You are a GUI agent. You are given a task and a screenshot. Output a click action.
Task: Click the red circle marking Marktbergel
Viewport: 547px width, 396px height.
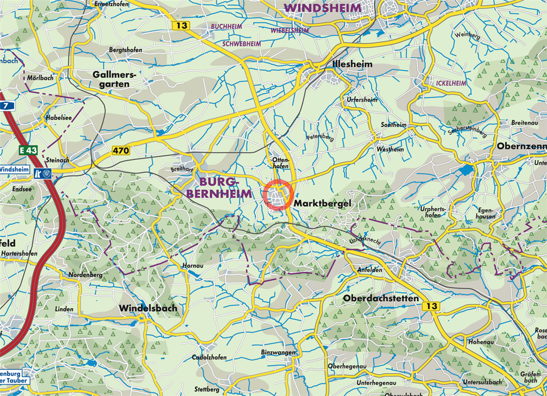point(278,195)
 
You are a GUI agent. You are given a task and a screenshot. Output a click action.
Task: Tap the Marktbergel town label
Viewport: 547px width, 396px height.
point(322,204)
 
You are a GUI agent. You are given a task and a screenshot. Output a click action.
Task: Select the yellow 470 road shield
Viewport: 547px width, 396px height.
point(121,151)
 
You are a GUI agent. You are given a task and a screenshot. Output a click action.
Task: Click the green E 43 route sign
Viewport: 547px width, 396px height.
point(28,150)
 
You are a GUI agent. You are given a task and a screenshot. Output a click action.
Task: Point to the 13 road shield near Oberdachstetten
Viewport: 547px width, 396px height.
point(431,306)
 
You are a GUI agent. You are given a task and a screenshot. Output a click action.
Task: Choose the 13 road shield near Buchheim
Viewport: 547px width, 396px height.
point(181,25)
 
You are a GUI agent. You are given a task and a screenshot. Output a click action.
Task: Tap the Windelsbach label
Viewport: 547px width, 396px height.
point(148,308)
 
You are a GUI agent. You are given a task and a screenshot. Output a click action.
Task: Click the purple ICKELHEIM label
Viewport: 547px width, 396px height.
point(451,83)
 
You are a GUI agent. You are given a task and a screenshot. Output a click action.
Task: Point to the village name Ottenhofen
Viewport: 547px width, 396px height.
point(279,163)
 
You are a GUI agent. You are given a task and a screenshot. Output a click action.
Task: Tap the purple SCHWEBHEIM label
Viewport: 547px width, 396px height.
point(241,44)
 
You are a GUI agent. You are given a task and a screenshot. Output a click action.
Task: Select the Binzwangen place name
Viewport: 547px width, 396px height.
point(278,352)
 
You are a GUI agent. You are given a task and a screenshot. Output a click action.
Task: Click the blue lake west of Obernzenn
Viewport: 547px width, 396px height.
point(467,170)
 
